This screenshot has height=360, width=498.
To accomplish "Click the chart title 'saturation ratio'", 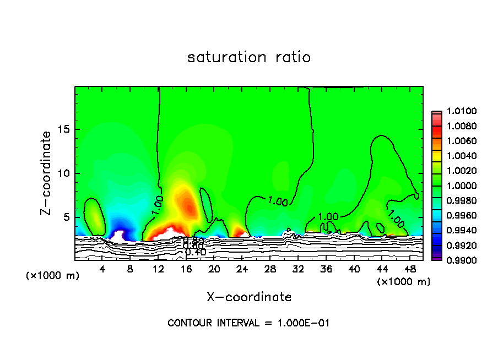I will [249, 57].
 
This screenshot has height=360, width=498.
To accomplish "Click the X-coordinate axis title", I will [249, 297].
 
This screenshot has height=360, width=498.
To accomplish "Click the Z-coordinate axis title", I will [47, 173].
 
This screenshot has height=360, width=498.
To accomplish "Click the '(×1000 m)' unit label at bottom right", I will [404, 281].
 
